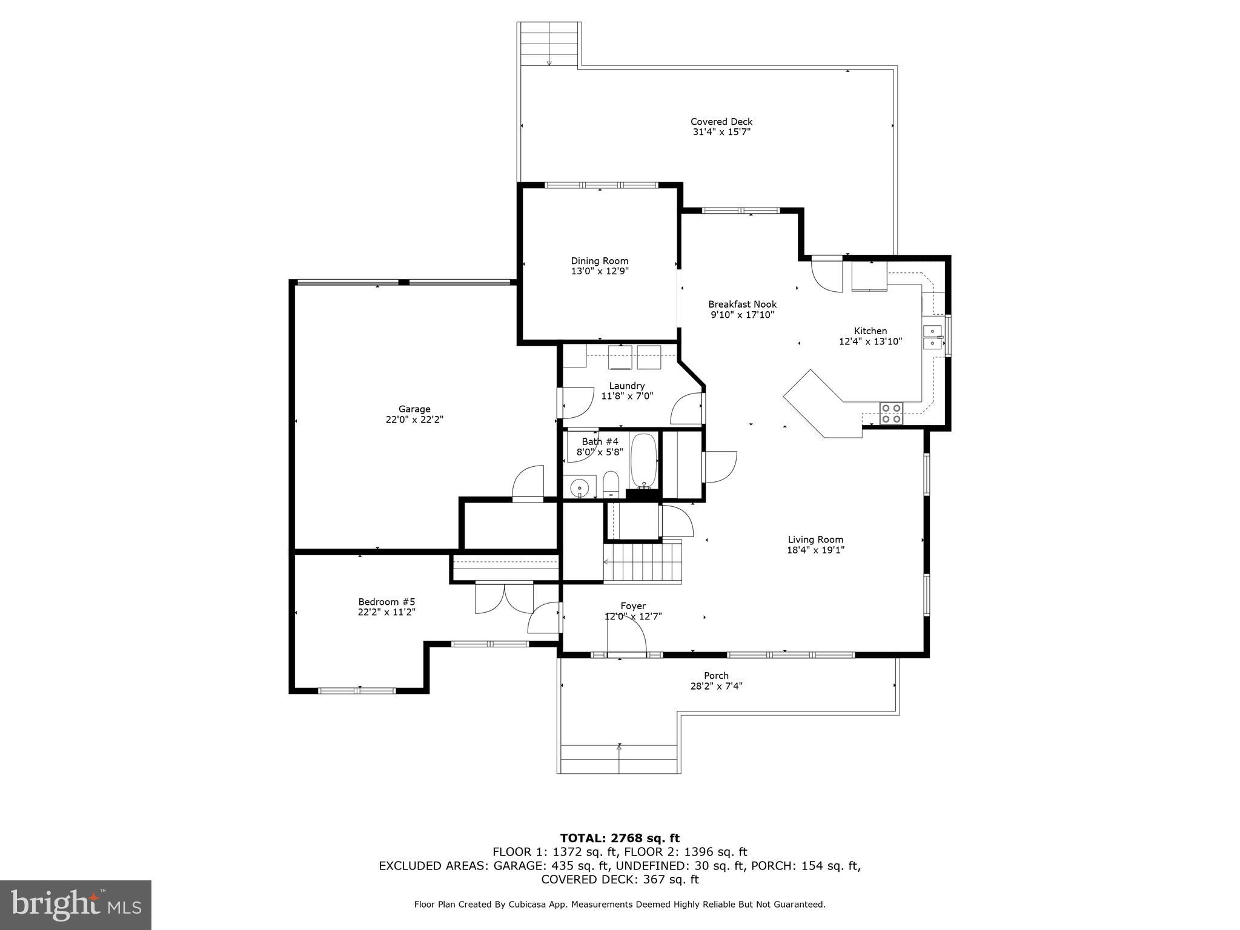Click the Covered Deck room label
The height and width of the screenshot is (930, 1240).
pos(721,122)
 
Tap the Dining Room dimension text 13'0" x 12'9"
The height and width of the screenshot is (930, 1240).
pos(599,271)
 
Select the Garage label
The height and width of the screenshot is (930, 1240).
pos(414,409)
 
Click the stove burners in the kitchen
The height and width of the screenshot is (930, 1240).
pos(891,413)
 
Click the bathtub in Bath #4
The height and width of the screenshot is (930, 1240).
pos(644,461)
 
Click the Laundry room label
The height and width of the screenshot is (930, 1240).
pos(626,386)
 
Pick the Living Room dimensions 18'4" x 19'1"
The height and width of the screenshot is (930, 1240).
pos(815,550)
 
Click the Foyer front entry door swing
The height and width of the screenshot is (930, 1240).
pos(627,637)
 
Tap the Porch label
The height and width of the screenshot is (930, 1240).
pos(716,676)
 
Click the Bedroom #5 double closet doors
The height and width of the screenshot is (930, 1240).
pos(504,598)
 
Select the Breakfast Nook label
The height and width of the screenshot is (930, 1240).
pos(742,305)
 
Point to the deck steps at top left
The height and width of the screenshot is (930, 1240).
pos(549,44)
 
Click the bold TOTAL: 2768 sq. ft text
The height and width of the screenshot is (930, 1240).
pos(619,839)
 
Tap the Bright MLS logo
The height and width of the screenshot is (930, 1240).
pos(76,905)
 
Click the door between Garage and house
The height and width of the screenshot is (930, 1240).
pos(528,484)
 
